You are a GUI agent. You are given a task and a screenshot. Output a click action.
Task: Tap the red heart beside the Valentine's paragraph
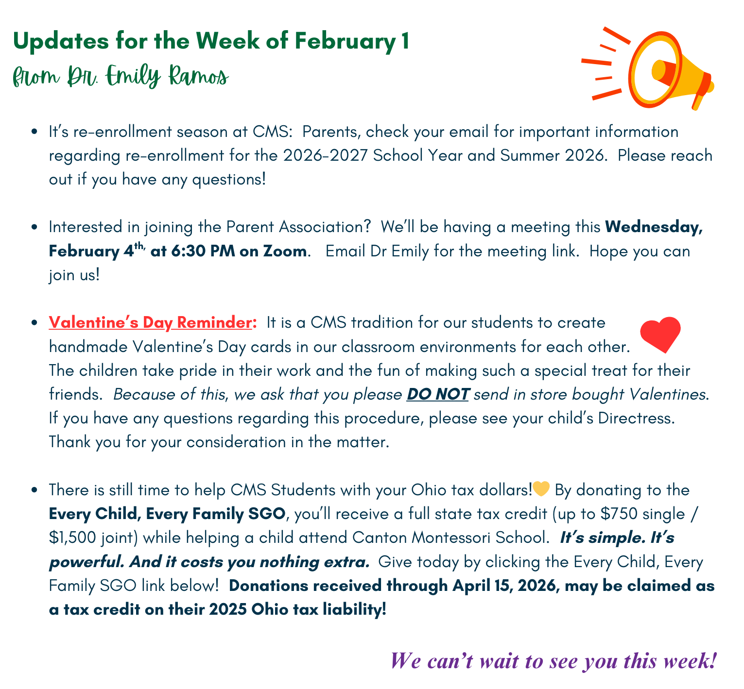(660, 334)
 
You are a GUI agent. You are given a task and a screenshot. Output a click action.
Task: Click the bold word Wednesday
(654, 227)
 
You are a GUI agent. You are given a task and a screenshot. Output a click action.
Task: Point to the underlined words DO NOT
(438, 394)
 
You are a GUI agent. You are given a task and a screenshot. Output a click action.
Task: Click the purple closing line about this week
(553, 661)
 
